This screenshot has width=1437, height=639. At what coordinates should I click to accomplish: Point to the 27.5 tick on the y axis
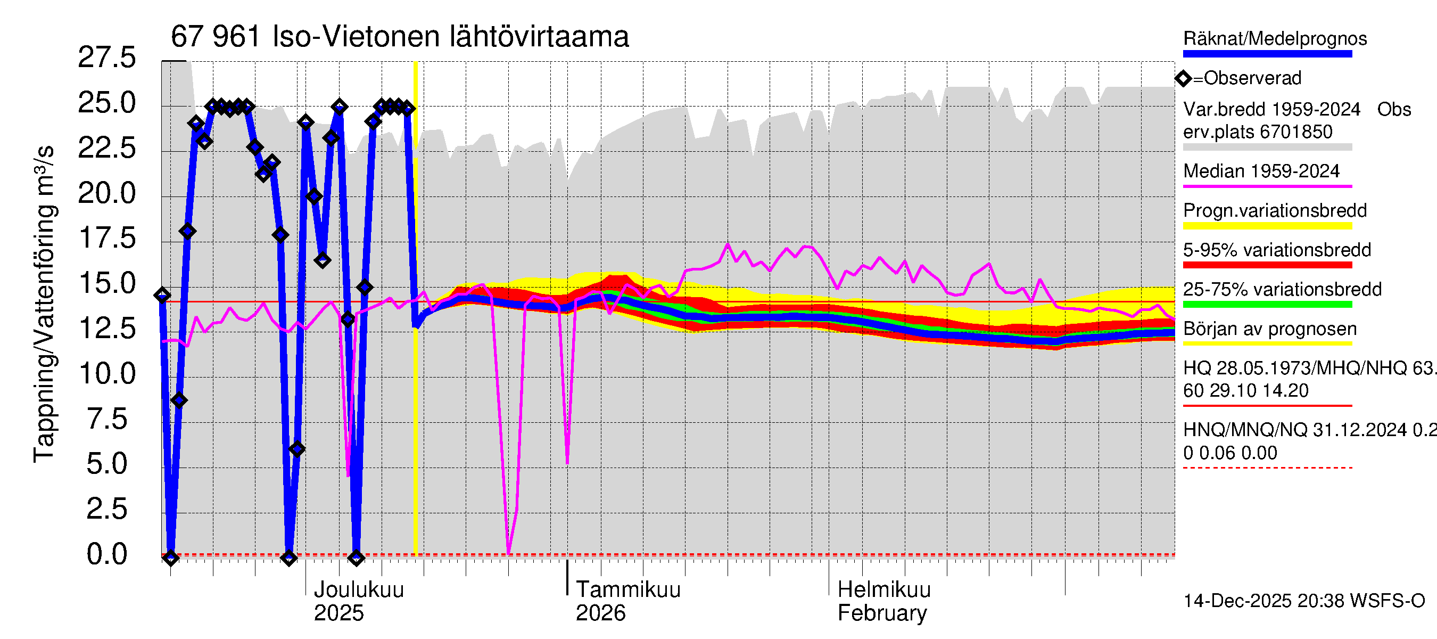tap(106, 58)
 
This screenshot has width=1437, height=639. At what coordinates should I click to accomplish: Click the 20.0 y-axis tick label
tap(106, 194)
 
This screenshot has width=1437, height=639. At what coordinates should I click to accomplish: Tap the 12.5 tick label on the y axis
tap(106, 329)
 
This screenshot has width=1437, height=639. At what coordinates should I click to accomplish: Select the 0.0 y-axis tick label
tap(106, 554)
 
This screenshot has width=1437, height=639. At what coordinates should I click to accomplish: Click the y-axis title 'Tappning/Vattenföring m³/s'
tap(45, 304)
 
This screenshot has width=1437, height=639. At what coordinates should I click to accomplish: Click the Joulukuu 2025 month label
tap(358, 601)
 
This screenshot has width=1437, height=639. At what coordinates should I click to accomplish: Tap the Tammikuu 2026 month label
tap(627, 601)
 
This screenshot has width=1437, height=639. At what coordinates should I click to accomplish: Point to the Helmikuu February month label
tap(883, 601)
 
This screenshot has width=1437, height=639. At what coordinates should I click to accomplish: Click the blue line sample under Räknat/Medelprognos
tap(1267, 54)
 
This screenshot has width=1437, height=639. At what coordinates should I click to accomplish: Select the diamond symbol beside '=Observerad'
tap(1183, 79)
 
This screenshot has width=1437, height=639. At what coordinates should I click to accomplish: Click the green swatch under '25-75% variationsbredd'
tap(1267, 305)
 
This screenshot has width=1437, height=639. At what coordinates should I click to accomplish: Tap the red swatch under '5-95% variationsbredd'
tap(1267, 265)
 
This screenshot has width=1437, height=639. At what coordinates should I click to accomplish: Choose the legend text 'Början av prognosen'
tap(1270, 329)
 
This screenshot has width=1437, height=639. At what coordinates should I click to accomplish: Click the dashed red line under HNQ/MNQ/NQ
tap(1267, 468)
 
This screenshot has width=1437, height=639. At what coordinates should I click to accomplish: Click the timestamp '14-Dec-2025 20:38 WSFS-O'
tap(1303, 601)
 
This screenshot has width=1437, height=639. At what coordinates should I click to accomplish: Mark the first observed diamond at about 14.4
tap(162, 295)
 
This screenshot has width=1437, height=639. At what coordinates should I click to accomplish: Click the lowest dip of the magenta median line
tap(509, 553)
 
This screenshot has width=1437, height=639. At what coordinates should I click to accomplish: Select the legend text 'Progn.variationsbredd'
tap(1275, 211)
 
